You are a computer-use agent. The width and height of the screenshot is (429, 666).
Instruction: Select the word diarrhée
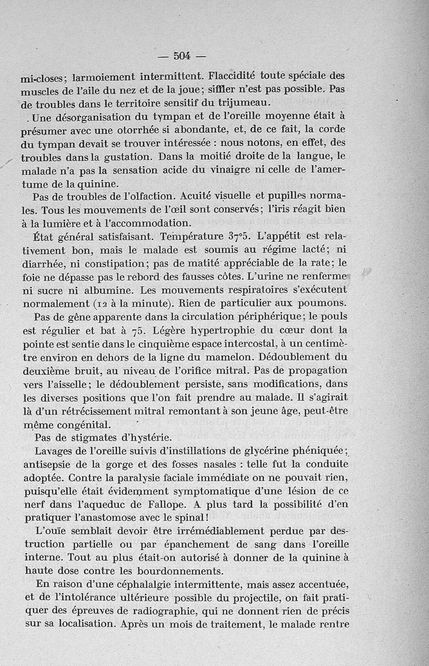pos(43,264)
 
